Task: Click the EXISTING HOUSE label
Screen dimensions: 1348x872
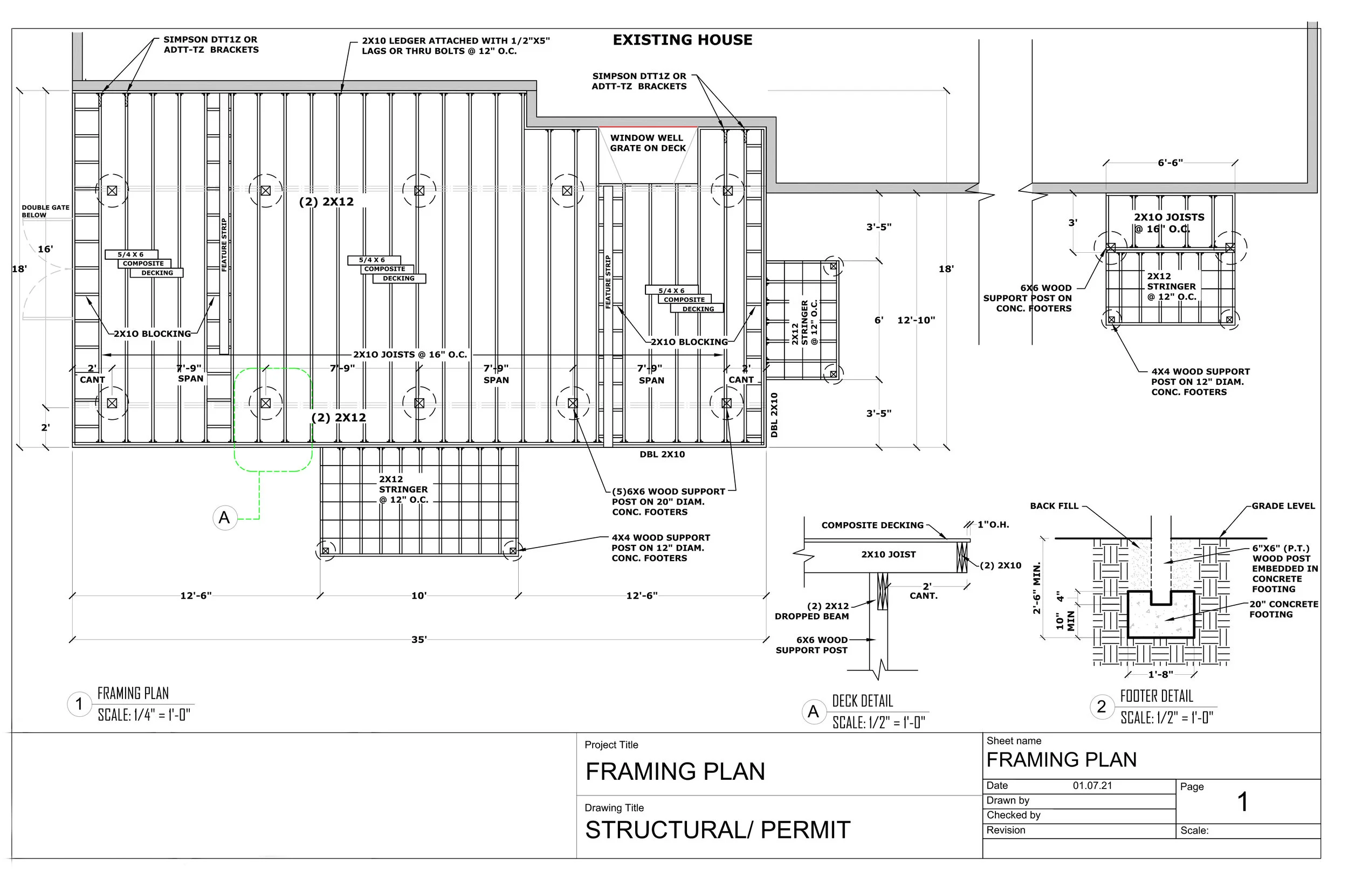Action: (x=683, y=40)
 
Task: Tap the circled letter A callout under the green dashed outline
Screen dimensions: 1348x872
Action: (x=224, y=517)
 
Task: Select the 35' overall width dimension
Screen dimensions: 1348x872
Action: (x=418, y=639)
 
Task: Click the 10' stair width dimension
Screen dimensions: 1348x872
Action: (x=418, y=596)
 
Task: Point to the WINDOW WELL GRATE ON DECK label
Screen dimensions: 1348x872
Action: (x=648, y=143)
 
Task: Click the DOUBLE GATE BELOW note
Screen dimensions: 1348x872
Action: (x=45, y=211)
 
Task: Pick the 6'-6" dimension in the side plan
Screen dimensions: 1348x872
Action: (x=1170, y=163)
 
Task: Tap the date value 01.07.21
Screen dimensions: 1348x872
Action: (x=1092, y=785)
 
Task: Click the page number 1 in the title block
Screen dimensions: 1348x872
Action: (x=1242, y=802)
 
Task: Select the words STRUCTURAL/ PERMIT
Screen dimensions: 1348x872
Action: (x=717, y=830)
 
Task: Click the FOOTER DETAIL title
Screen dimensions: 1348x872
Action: (x=1156, y=696)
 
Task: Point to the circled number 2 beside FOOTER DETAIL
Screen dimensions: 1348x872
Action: (x=1101, y=707)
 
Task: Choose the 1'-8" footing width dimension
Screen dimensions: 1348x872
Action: (x=1160, y=674)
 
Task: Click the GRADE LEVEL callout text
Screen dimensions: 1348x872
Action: (x=1283, y=506)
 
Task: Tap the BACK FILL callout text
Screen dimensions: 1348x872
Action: (x=1054, y=506)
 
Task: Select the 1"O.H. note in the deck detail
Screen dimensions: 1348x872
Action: (x=993, y=524)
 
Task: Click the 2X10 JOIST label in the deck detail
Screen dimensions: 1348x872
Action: (x=888, y=555)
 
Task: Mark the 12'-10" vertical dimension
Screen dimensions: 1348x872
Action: (x=916, y=320)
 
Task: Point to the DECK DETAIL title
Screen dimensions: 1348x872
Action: (x=862, y=701)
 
